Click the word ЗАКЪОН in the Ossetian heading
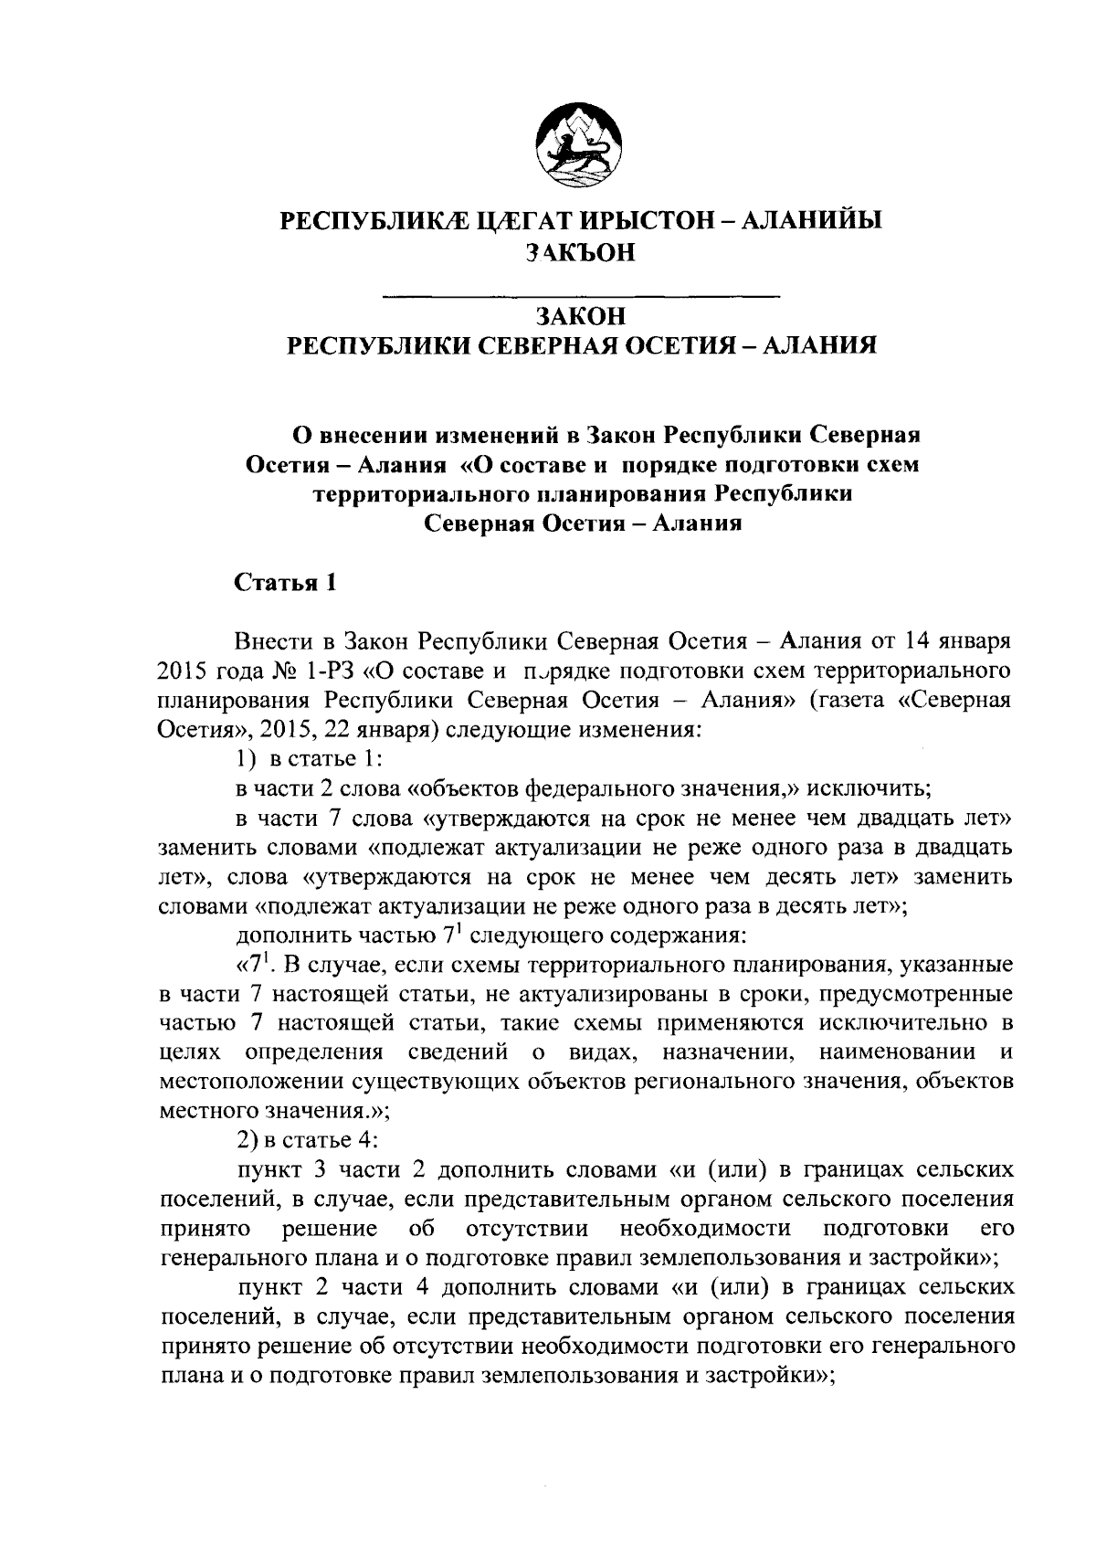coord(580,253)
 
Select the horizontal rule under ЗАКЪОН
coord(580,295)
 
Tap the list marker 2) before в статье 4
coord(248,1140)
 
